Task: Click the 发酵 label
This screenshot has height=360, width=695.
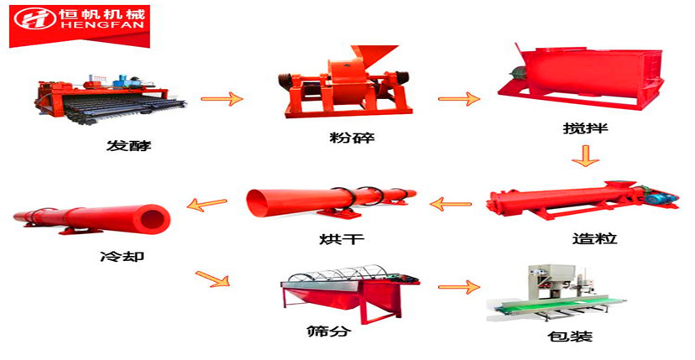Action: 129,146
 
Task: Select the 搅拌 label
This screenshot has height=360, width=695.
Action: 584,130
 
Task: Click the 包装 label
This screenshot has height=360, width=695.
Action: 572,337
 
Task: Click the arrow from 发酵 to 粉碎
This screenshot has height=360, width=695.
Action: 222,99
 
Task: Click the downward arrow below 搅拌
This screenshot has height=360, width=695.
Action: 585,155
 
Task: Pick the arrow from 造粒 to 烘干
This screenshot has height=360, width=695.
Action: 452,203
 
